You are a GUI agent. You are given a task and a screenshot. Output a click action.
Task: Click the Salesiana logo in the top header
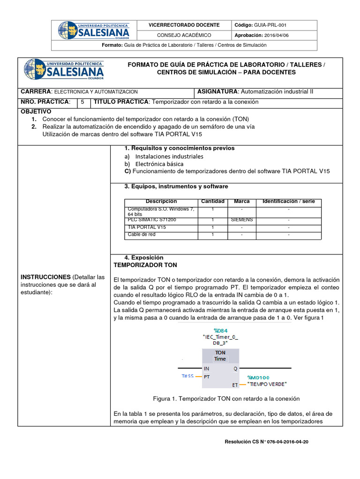point(93,30)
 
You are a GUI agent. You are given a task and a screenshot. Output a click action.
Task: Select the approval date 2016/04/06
point(277,35)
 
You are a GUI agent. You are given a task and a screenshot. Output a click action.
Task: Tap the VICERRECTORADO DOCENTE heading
point(184,25)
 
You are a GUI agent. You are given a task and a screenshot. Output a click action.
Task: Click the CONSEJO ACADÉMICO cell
point(184,35)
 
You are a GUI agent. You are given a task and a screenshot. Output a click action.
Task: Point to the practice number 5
point(82,102)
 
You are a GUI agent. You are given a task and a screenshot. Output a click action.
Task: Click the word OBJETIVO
point(35,111)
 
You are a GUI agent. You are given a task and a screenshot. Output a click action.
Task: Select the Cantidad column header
point(212,201)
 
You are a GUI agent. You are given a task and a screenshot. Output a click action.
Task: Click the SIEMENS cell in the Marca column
point(241,219)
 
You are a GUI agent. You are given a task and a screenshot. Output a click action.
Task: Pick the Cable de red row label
point(142,234)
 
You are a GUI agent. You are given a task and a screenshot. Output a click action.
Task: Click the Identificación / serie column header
point(288,201)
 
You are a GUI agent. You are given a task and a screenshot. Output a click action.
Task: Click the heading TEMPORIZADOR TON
point(145,265)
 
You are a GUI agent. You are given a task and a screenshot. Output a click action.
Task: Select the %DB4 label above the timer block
point(220,330)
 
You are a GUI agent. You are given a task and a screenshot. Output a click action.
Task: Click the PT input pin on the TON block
point(207,376)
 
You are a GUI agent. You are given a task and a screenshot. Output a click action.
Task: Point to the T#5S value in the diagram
point(187,376)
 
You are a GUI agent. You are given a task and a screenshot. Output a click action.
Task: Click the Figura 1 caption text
point(226,399)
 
